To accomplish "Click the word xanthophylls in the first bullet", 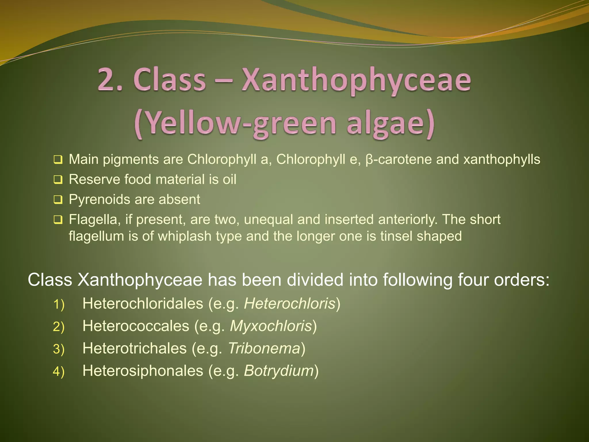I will coord(502,159).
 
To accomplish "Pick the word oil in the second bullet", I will coord(229,179).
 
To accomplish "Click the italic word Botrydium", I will coord(279,371).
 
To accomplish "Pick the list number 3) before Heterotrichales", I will coord(59,349).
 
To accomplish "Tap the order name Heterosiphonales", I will coord(143,371).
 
